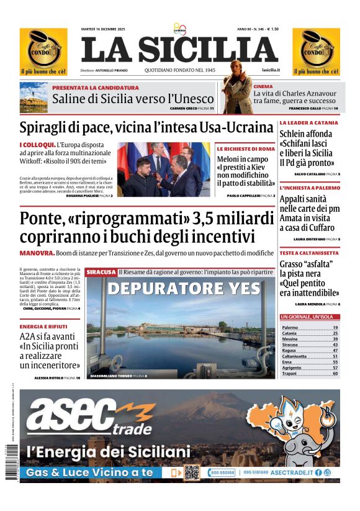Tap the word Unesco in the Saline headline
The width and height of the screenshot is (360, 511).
tap(196, 99)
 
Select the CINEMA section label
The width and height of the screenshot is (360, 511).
tap(263, 87)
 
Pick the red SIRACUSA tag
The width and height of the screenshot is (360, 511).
tap(101, 272)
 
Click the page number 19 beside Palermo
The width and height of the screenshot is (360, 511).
tap(335, 327)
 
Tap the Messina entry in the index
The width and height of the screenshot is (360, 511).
tap(290, 339)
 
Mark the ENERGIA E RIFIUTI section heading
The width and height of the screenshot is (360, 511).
tap(43, 326)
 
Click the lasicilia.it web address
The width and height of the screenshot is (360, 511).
tap(271, 70)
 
